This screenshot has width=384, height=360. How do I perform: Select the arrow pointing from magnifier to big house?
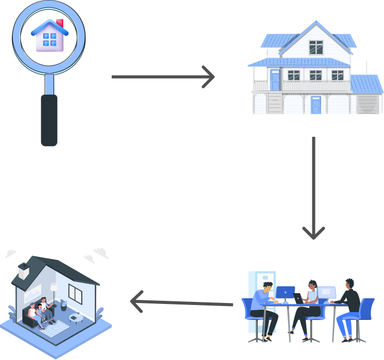pyautogui.click(x=163, y=77)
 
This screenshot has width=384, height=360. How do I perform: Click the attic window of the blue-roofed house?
pyautogui.click(x=316, y=47)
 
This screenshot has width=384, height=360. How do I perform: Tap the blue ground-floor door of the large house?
pyautogui.click(x=316, y=105)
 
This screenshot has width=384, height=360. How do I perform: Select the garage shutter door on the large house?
pyautogui.click(x=366, y=104)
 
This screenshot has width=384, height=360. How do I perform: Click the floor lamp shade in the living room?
pyautogui.click(x=54, y=286)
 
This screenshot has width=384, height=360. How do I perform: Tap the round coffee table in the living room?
pyautogui.click(x=76, y=317)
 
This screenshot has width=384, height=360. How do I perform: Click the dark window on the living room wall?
pyautogui.click(x=75, y=294)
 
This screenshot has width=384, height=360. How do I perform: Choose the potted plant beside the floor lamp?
pyautogui.click(x=64, y=304)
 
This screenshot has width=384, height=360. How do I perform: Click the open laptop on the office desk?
pyautogui.click(x=298, y=298)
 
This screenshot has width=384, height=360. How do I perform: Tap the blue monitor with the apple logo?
pyautogui.click(x=285, y=292)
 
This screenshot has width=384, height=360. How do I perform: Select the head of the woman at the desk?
pyautogui.click(x=312, y=285)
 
